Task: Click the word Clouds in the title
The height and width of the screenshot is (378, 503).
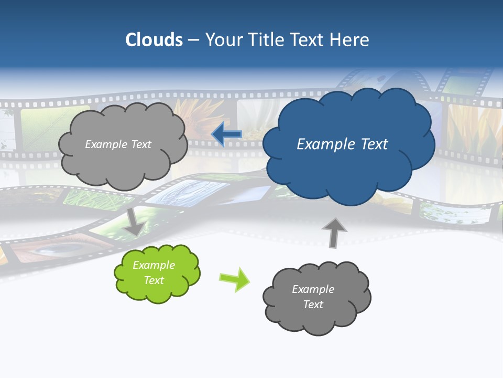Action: pos(154,40)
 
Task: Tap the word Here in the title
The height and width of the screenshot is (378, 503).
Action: pos(350,40)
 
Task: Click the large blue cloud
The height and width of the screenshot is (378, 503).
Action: pos(348,168)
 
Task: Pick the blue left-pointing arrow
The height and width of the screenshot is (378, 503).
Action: pos(227,134)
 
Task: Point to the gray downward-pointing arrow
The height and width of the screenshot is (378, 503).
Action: pos(134,222)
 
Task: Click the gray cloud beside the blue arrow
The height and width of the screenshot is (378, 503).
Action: pos(123,163)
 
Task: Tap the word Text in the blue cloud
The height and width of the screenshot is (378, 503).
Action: pos(373,144)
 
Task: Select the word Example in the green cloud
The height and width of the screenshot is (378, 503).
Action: pos(154,265)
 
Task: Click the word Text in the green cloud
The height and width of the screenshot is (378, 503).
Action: pos(154,280)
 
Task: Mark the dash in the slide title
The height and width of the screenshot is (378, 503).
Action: pos(193,40)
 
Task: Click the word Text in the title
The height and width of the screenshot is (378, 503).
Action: pos(309,40)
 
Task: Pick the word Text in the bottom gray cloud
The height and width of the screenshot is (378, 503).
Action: pos(313,304)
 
